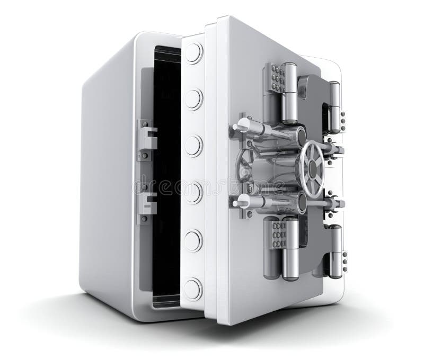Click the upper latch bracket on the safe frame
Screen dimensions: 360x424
pyautogui.click(x=147, y=140)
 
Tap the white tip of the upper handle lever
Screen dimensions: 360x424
pyautogui.click(x=242, y=125)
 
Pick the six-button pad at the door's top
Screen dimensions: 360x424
pyautogui.click(x=275, y=79)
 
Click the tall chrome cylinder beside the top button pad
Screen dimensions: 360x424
pyautogui.click(x=289, y=93)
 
